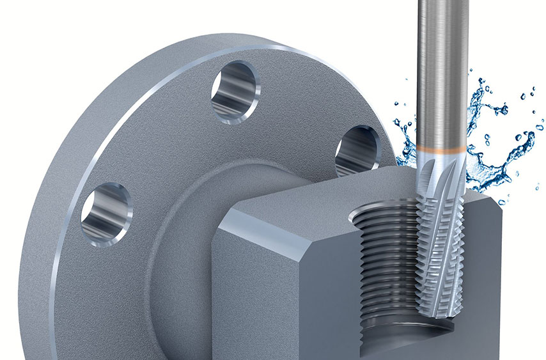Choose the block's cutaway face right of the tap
click(x=505, y=269)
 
